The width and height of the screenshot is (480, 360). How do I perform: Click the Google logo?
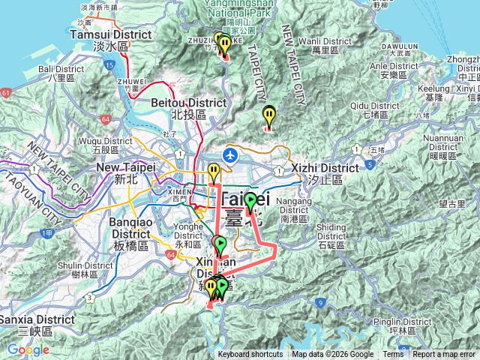(x=28, y=349)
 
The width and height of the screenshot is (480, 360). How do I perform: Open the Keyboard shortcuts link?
(x=250, y=355)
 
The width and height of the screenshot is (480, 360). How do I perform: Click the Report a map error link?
(x=445, y=355)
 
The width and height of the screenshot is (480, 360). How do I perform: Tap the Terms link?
(x=393, y=355)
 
